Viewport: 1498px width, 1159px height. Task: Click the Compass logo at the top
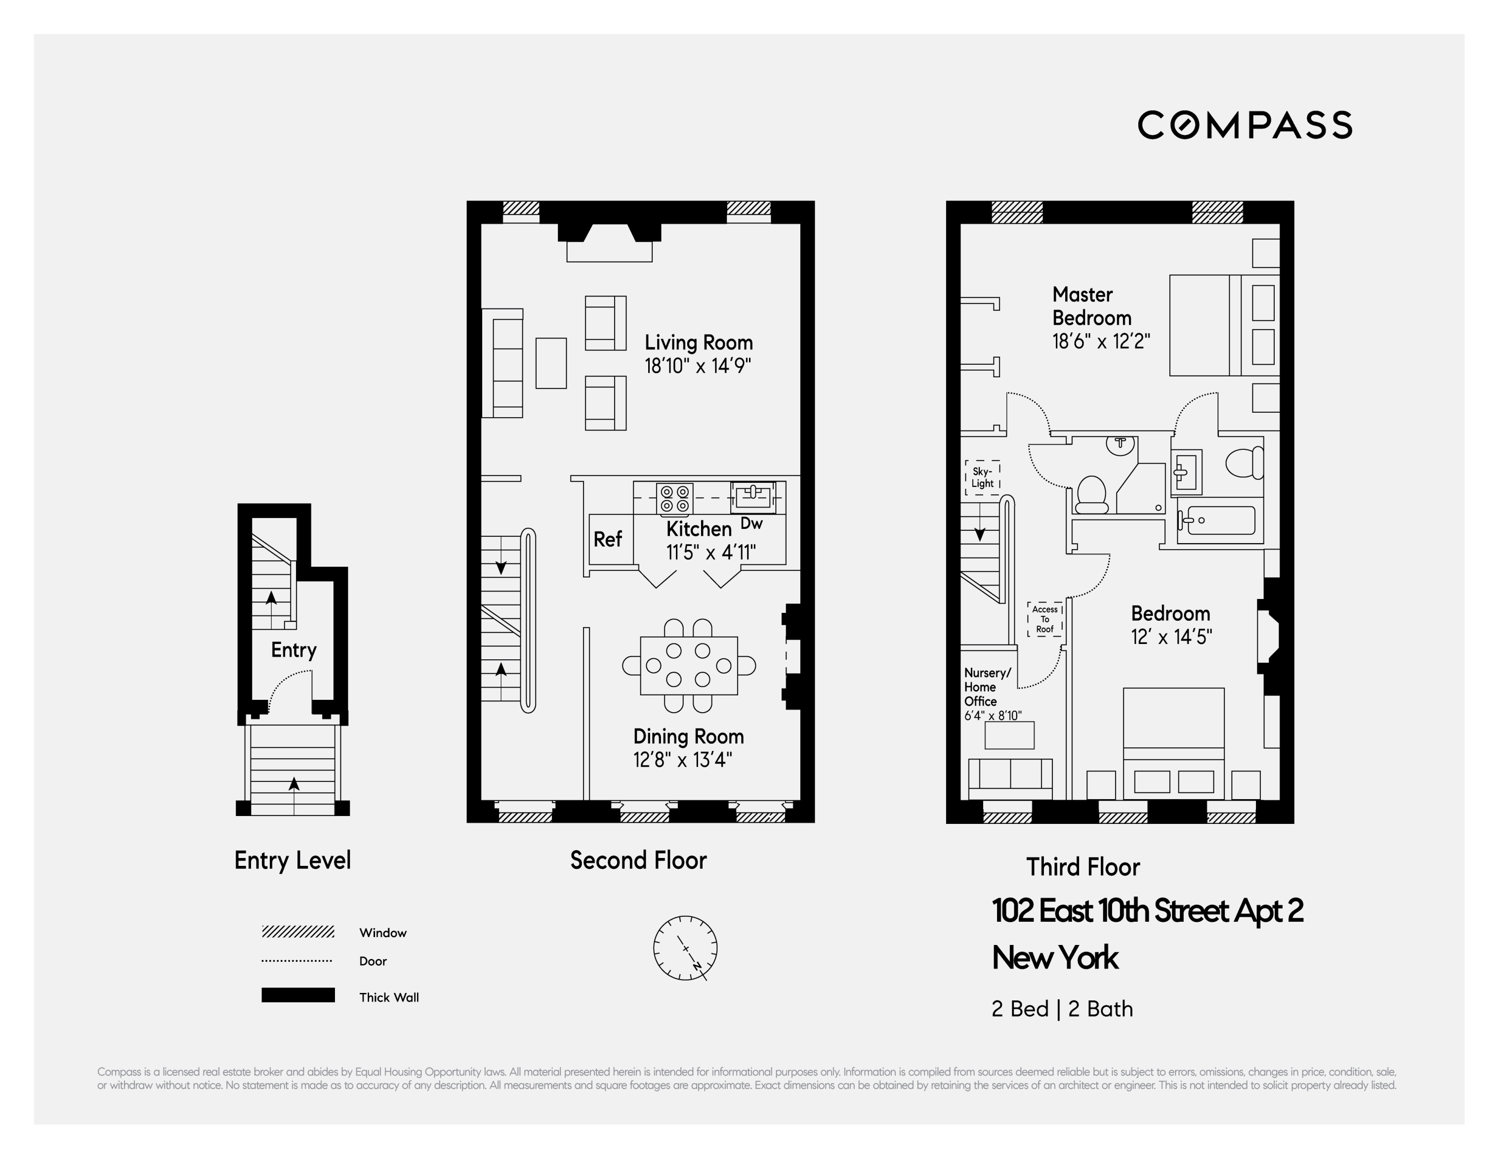tap(1244, 125)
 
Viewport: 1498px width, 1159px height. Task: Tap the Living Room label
tap(698, 343)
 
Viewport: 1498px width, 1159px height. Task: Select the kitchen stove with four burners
tap(674, 499)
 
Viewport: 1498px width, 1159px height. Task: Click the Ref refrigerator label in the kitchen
tap(608, 539)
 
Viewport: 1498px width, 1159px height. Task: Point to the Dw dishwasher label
tap(752, 523)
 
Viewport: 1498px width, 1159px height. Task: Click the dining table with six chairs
tap(689, 666)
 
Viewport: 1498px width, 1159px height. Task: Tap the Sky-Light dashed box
tap(982, 477)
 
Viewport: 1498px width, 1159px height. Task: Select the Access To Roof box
tap(1044, 619)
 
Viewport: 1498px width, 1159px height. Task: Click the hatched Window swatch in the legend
tap(298, 932)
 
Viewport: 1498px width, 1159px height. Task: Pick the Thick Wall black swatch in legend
tap(298, 995)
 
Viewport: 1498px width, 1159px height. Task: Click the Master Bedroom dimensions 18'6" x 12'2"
tap(1101, 341)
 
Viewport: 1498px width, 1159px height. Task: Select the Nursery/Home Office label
tap(987, 687)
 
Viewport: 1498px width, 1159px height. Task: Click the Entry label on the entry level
tap(293, 650)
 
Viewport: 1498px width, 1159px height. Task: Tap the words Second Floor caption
tap(638, 860)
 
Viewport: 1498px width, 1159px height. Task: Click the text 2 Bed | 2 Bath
tap(1062, 1009)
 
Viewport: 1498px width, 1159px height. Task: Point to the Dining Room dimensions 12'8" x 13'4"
tap(682, 760)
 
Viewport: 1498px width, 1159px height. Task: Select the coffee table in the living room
tap(551, 363)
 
